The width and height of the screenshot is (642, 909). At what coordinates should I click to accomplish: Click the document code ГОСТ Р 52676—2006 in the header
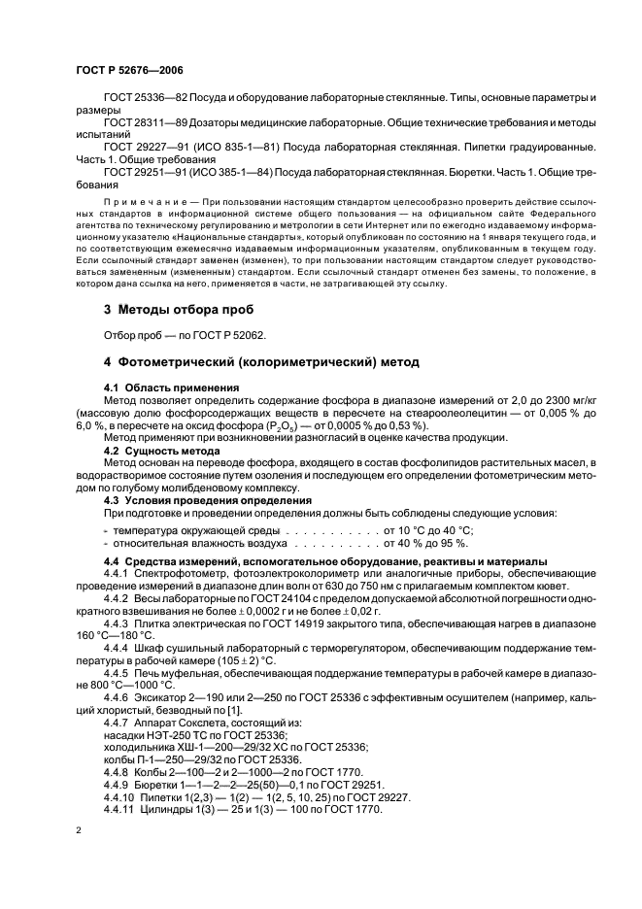(x=128, y=70)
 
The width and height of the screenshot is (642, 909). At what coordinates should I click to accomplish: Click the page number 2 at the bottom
(x=80, y=830)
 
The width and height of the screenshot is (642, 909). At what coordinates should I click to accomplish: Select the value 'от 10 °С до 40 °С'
(x=428, y=530)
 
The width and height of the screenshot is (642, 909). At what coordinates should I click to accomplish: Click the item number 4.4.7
(x=119, y=722)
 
